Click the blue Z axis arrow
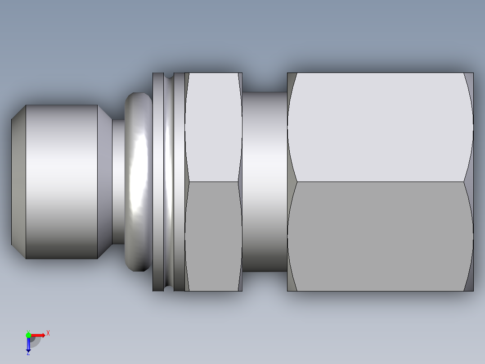[28, 345]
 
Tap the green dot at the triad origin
[28, 335]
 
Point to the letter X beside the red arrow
[48, 333]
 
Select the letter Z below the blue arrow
[28, 354]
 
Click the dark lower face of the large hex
[380, 237]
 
